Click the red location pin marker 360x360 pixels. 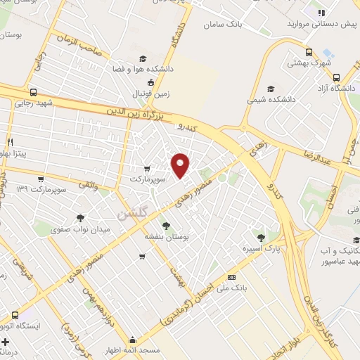(181, 165)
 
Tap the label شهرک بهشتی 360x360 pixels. (308, 63)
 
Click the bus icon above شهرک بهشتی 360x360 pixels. (308, 51)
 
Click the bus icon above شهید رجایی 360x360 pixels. (34, 92)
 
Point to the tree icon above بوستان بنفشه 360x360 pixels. (166, 225)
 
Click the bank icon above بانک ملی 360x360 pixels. (231, 278)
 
